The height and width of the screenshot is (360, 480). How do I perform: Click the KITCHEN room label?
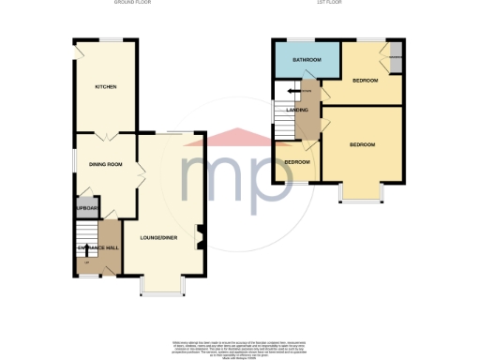click(105, 87)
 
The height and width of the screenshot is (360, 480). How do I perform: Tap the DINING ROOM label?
click(106, 164)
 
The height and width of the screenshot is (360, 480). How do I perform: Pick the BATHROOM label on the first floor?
click(307, 61)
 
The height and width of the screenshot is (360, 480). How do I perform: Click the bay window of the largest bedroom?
click(361, 193)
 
